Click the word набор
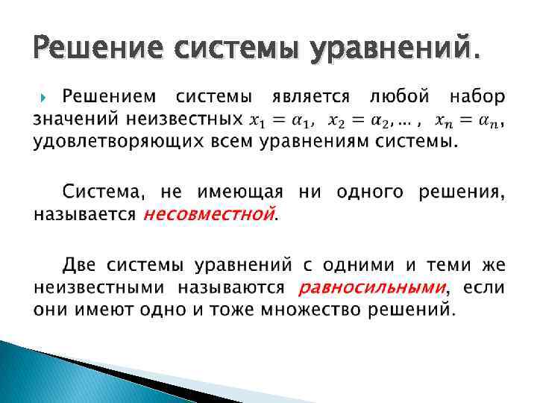[477, 97]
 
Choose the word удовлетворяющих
[116, 141]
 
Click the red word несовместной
[209, 214]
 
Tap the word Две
[80, 265]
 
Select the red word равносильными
[371, 287]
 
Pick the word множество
[315, 309]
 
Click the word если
[483, 287]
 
